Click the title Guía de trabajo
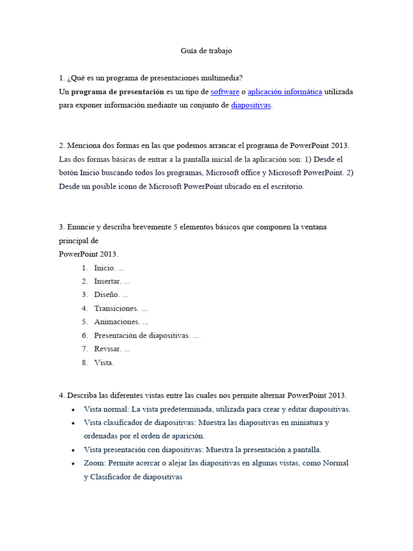point(206,51)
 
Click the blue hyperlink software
point(225,92)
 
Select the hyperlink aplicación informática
point(284,92)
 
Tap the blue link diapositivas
point(251,105)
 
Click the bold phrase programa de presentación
point(117,92)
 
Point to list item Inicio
point(104,268)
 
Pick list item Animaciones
point(117,322)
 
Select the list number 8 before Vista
point(84,363)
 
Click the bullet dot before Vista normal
point(73,409)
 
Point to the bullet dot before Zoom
point(73,463)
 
